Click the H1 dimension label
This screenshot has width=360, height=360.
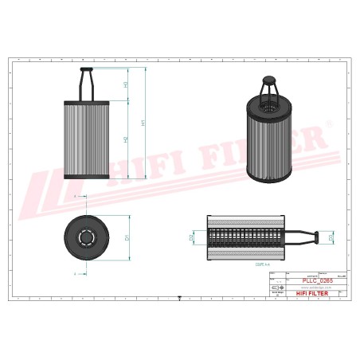(143, 123)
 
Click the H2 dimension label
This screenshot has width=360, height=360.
(126, 139)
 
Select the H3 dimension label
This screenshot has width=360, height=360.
(126, 84)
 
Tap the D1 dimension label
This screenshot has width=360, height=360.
(127, 237)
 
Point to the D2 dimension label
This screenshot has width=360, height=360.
(193, 237)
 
